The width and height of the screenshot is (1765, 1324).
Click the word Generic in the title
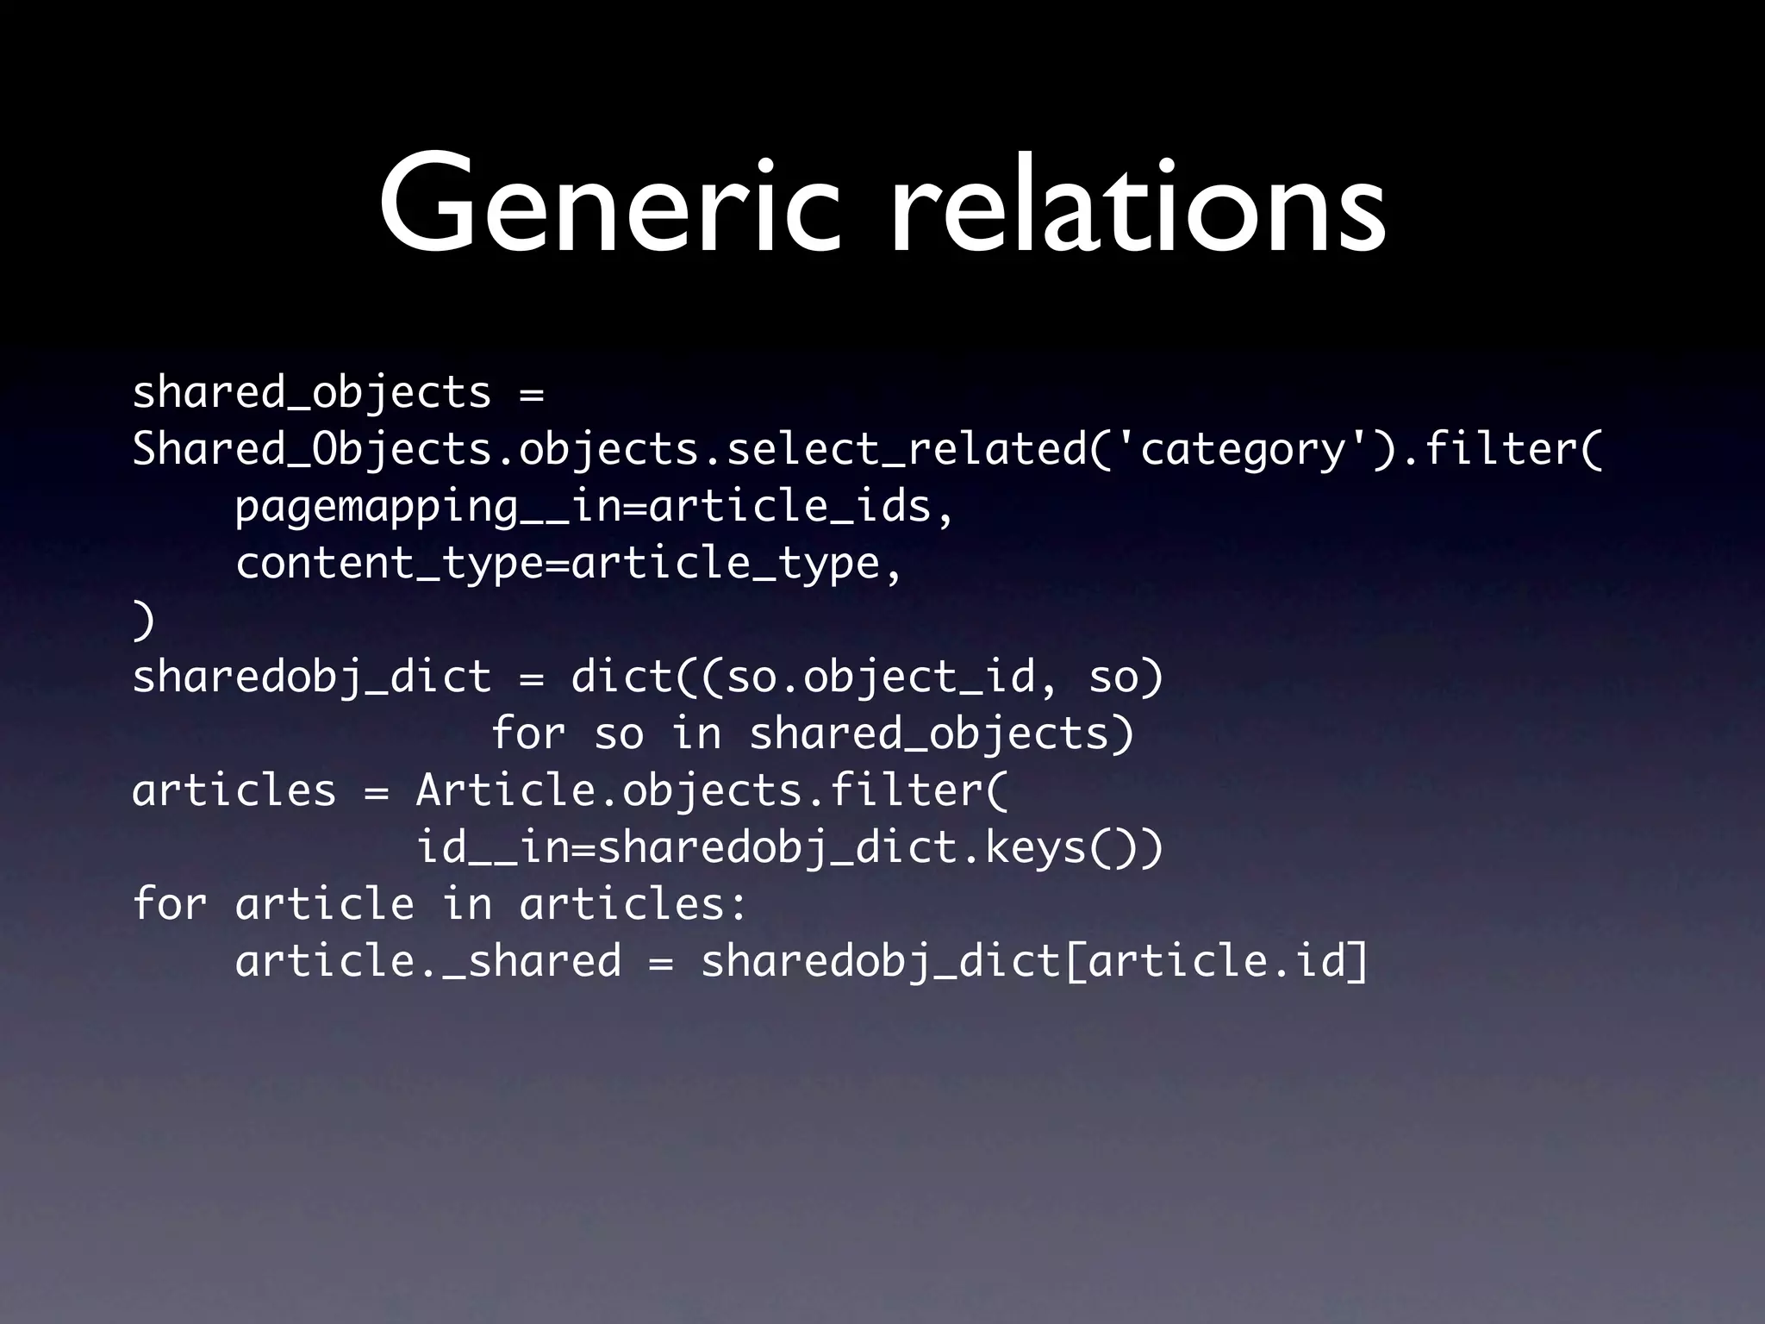pyautogui.click(x=608, y=207)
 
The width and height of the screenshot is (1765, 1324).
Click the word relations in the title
pyautogui.click(x=1138, y=207)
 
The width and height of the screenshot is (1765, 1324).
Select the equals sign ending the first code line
pyautogui.click(x=532, y=394)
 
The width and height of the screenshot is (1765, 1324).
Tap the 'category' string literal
pyautogui.click(x=1242, y=449)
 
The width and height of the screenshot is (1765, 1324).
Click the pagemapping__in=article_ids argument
pyautogui.click(x=595, y=506)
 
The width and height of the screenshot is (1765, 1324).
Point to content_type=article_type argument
pyautogui.click(x=569, y=563)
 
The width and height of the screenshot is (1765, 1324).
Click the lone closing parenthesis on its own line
pyautogui.click(x=143, y=620)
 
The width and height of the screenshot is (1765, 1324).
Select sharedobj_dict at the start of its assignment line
pyautogui.click(x=311, y=677)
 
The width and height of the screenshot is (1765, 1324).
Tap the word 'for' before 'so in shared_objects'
pyautogui.click(x=528, y=734)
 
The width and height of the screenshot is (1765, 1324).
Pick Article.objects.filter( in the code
pyautogui.click(x=712, y=790)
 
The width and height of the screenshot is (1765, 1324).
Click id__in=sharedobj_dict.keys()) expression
pyautogui.click(x=789, y=847)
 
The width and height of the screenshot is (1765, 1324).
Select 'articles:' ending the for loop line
pyautogui.click(x=633, y=904)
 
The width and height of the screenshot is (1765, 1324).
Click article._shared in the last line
pyautogui.click(x=427, y=961)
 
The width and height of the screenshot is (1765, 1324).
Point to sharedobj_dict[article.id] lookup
pyautogui.click(x=1034, y=961)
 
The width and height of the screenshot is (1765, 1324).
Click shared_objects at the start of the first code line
pyautogui.click(x=311, y=394)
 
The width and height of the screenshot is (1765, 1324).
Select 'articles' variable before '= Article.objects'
pyautogui.click(x=234, y=790)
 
